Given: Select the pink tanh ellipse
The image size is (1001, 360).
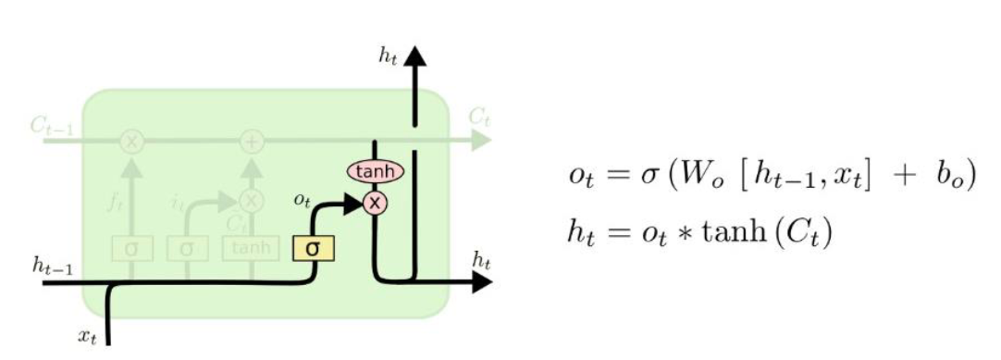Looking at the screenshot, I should tap(375, 171).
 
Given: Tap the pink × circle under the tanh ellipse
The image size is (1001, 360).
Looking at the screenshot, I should tap(375, 203).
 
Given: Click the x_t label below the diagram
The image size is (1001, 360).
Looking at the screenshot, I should tap(86, 337).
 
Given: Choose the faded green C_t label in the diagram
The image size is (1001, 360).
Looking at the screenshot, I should tap(477, 118).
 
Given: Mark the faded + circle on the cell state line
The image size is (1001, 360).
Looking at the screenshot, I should tap(252, 142).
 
